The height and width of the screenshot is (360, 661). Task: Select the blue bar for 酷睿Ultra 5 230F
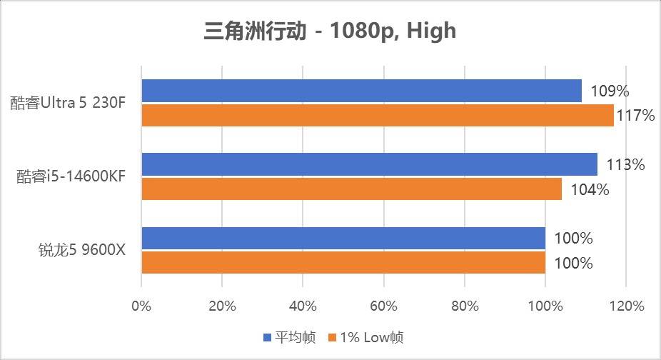click(x=361, y=91)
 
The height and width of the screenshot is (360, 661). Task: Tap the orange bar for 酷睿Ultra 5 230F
click(x=378, y=115)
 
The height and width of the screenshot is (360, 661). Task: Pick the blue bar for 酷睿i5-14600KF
click(x=369, y=164)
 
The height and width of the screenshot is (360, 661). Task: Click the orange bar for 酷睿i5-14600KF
click(x=351, y=189)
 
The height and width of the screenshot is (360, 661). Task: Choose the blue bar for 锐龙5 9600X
click(x=343, y=238)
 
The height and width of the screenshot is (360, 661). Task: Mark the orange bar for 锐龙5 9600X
click(x=343, y=262)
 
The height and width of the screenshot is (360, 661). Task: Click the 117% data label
click(x=635, y=116)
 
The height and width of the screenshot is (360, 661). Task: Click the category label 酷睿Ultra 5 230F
click(x=68, y=103)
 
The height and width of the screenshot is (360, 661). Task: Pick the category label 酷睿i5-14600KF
click(x=71, y=176)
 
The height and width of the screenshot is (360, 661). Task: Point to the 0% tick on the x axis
click(x=141, y=306)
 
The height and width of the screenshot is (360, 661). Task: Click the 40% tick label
click(x=303, y=306)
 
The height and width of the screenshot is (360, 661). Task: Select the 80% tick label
click(x=465, y=306)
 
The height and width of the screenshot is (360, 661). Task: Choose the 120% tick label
click(x=626, y=306)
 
